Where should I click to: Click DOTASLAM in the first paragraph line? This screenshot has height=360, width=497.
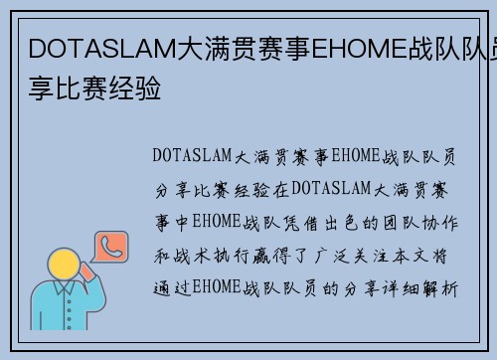pos(191,155)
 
